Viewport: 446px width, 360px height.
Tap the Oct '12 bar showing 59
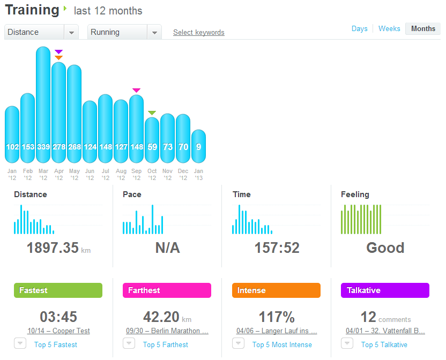tap(152, 140)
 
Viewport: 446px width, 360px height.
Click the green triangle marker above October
tap(152, 112)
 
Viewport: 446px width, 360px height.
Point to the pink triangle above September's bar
tap(137, 91)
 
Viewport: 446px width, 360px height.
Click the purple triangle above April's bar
tap(58, 52)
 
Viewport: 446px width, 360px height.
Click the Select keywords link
tap(199, 33)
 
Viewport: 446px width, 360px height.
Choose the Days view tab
tap(360, 29)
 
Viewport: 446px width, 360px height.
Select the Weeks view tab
tap(389, 29)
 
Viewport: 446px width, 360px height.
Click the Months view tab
tap(423, 29)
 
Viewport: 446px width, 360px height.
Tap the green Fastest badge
tap(58, 290)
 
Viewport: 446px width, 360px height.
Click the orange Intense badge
tap(276, 290)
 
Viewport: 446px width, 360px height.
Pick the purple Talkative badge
tap(385, 290)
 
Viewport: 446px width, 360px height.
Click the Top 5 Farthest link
tap(166, 344)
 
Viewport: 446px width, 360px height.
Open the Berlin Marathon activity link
tap(167, 331)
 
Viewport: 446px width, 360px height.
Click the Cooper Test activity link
tap(58, 331)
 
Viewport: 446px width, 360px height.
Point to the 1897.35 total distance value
tap(53, 247)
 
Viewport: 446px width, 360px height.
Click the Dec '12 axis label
tap(183, 175)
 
